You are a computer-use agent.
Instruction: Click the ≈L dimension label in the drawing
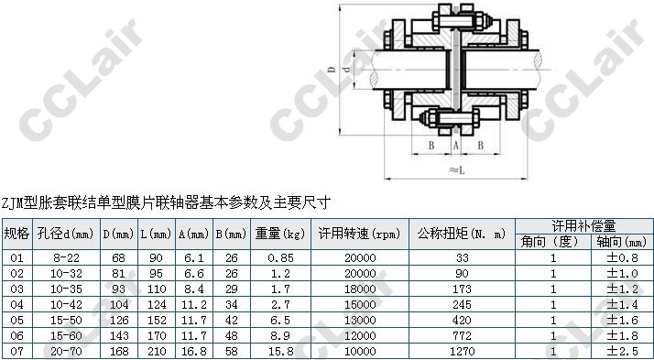pyautogui.click(x=457, y=170)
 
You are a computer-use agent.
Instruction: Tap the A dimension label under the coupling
pyautogui.click(x=456, y=145)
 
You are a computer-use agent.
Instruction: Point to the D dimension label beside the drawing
pyautogui.click(x=332, y=70)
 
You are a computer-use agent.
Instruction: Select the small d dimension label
pyautogui.click(x=346, y=70)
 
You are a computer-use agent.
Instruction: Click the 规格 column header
pyautogui.click(x=17, y=234)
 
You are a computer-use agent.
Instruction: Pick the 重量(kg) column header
pyautogui.click(x=280, y=234)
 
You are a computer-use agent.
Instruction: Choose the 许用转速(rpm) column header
pyautogui.click(x=360, y=234)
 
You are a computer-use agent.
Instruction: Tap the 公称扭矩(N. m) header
pyautogui.click(x=462, y=234)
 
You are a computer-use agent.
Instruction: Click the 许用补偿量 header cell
pyautogui.click(x=584, y=225)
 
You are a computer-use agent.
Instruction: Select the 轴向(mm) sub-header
pyautogui.click(x=622, y=242)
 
